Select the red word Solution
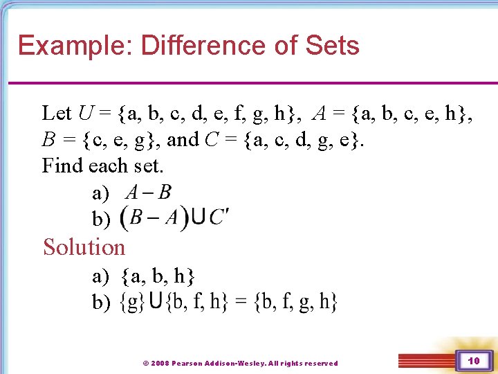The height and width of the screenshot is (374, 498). click(84, 247)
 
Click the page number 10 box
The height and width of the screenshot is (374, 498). click(473, 361)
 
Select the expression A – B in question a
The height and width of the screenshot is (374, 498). click(148, 192)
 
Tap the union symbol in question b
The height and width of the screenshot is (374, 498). click(198, 217)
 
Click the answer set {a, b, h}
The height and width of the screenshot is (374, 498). click(158, 277)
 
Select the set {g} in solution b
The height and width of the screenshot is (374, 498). click(132, 302)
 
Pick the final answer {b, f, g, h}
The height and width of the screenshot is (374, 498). click(294, 302)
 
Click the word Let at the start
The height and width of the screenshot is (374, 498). click(57, 112)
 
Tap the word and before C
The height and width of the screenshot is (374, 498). click(183, 139)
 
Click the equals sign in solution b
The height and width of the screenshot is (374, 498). click(239, 302)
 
